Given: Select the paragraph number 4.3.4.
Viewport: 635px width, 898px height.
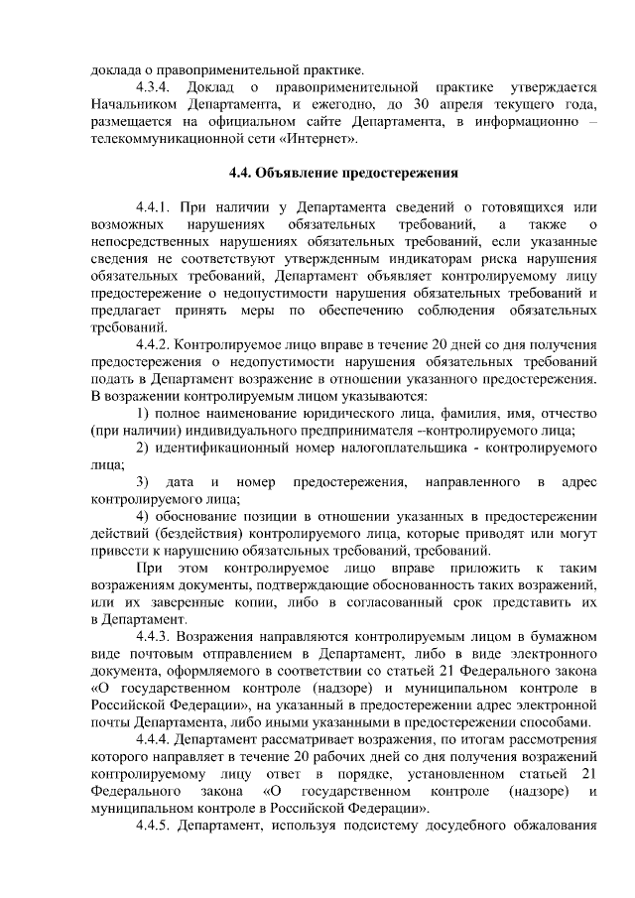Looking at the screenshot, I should pyautogui.click(x=156, y=87).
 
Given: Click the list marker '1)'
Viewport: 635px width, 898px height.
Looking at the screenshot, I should pyautogui.click(x=143, y=413).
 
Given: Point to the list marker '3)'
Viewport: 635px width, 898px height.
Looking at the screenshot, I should pyautogui.click(x=143, y=482).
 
